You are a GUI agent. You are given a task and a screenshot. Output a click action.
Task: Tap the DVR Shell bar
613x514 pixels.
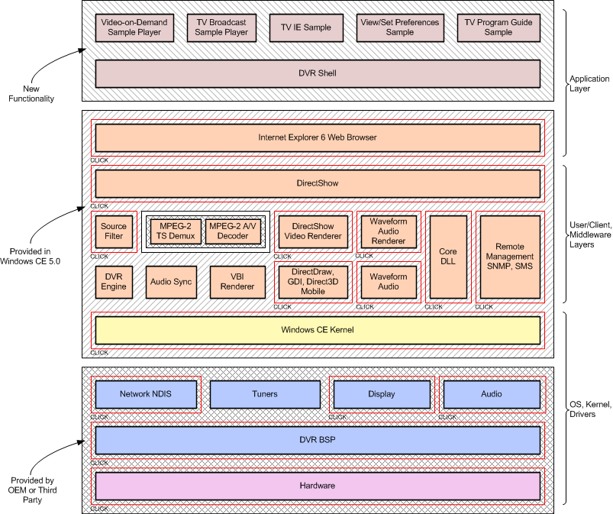318,73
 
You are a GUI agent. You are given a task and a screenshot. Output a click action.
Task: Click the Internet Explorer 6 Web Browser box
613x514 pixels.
318,137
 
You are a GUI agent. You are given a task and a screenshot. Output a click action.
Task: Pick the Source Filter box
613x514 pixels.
114,231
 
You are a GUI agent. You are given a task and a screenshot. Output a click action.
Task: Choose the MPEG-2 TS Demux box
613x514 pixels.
176,231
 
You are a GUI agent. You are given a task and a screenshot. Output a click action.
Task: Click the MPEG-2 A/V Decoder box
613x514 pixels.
234,231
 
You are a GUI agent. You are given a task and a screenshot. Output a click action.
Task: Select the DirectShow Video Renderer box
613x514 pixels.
313,231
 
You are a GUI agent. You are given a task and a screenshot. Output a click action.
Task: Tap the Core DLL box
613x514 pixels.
447,257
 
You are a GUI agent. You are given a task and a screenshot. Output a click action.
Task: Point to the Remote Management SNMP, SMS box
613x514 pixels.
509,257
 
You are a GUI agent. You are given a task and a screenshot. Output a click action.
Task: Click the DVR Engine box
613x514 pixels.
114,282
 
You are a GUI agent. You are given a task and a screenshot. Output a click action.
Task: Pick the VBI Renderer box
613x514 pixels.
237,282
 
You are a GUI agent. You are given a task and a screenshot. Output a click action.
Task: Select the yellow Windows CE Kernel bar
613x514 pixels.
318,330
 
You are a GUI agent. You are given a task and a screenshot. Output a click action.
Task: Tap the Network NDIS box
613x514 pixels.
146,394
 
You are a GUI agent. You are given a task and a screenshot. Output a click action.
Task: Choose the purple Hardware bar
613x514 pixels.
318,486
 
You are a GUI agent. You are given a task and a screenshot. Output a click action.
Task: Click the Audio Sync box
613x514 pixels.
172,282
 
